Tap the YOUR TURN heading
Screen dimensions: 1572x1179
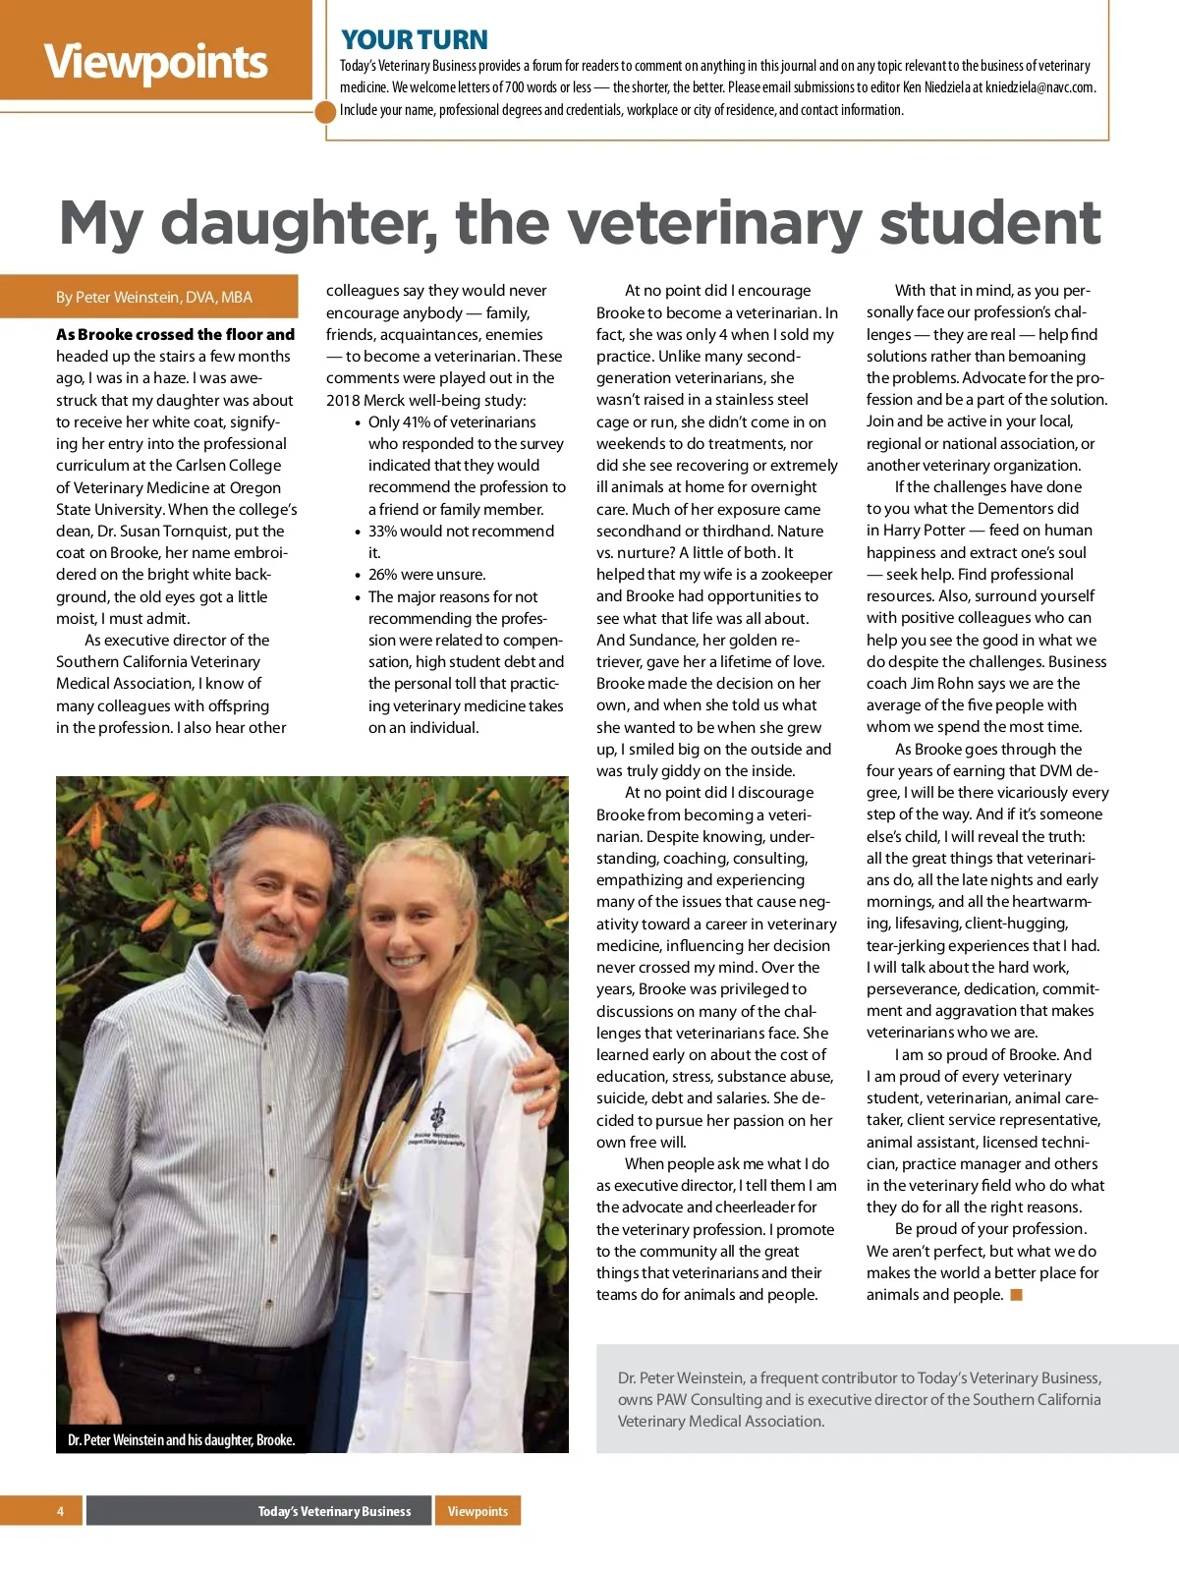414,40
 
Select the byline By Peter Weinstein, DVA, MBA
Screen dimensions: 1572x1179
154,297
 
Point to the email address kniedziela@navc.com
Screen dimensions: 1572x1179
1028,87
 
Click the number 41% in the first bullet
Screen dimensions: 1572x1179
416,422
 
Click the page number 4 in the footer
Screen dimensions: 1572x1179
60,1511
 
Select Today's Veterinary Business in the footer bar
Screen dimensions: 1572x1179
334,1511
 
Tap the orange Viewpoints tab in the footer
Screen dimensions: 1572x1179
477,1511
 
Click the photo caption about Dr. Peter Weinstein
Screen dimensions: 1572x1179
181,1440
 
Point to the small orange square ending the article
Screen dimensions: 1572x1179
1017,1295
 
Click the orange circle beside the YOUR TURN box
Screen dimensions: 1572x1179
326,111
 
